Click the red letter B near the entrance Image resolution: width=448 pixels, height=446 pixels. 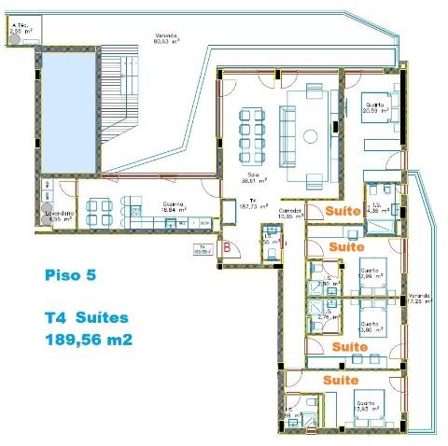pyautogui.click(x=227, y=247)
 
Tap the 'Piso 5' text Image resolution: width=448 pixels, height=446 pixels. pyautogui.click(x=70, y=275)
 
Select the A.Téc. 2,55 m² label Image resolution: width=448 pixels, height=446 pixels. pyautogui.click(x=21, y=30)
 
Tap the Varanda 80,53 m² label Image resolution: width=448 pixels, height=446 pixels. pyautogui.click(x=168, y=39)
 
